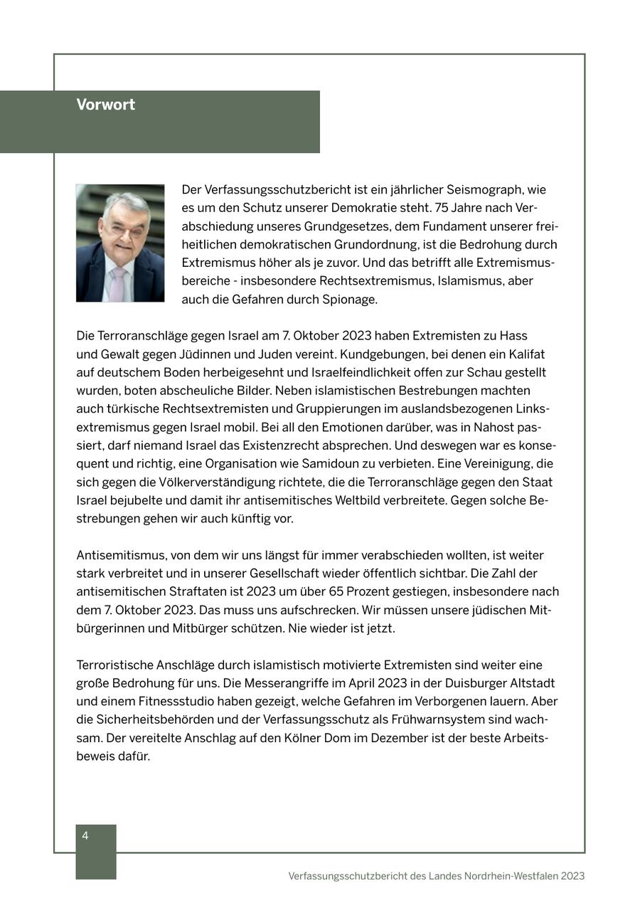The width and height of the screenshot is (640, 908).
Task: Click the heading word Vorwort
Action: [x=105, y=105]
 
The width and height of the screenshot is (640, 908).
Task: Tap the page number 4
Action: [x=85, y=835]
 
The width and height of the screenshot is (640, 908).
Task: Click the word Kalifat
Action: [x=525, y=354]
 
